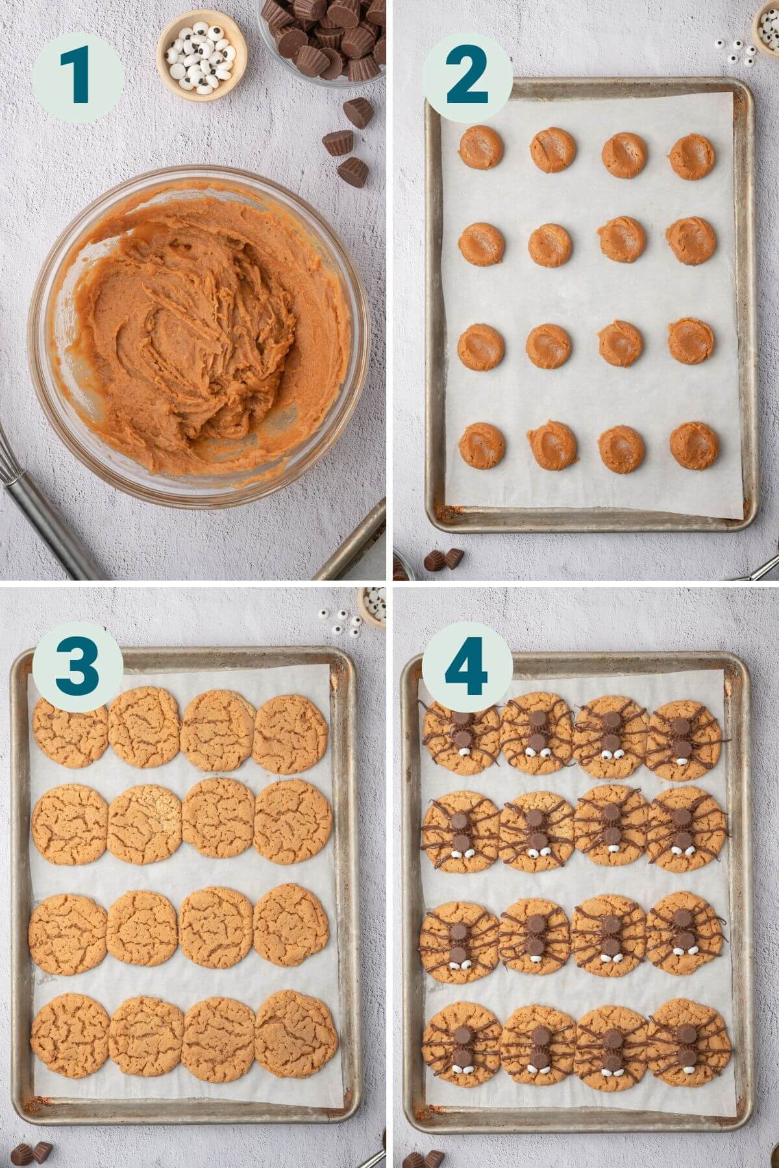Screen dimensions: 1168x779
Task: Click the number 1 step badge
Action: (x=77, y=78)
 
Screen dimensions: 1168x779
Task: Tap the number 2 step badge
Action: (x=467, y=78)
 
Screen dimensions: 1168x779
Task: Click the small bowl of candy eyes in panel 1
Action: (x=203, y=55)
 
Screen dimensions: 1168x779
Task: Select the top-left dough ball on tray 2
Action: (x=481, y=147)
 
